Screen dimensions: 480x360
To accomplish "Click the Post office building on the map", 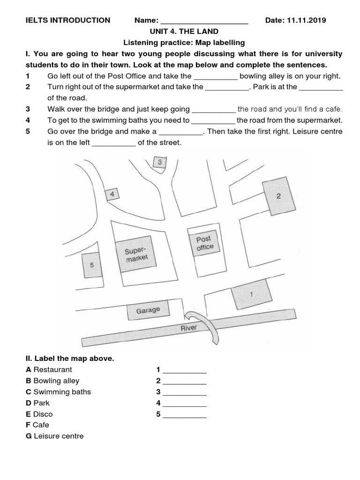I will pyautogui.click(x=204, y=243).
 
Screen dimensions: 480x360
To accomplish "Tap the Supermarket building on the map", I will pyautogui.click(x=136, y=255).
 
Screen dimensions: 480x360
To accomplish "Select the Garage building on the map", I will pyautogui.click(x=148, y=310).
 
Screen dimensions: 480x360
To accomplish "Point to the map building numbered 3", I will pyautogui.click(x=160, y=162).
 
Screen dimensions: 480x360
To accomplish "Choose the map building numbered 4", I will pyautogui.click(x=112, y=194).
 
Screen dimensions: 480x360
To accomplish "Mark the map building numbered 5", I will pyautogui.click(x=92, y=265).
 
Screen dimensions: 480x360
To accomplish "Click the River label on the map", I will pyautogui.click(x=189, y=328).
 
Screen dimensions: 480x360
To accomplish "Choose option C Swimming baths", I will pyautogui.click(x=59, y=392).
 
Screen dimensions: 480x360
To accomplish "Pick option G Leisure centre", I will pyautogui.click(x=55, y=436).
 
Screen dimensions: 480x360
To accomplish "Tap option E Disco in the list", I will pyautogui.click(x=39, y=414).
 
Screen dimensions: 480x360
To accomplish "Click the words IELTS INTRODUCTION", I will pyautogui.click(x=68, y=20).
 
